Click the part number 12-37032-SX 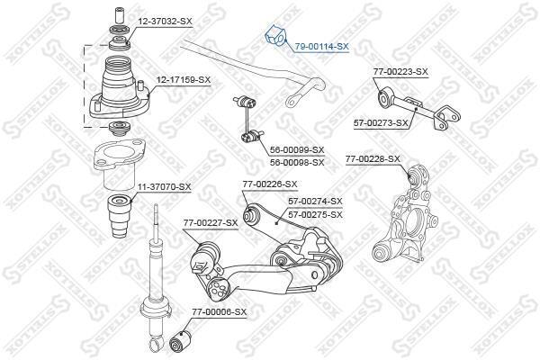click(x=165, y=22)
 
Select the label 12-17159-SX click(x=184, y=80)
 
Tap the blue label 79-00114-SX click(x=321, y=46)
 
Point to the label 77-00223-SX click(x=400, y=72)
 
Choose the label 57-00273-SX click(x=381, y=122)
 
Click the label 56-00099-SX click(x=297, y=150)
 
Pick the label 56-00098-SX click(x=297, y=162)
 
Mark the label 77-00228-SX click(x=373, y=158)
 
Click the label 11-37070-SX click(x=165, y=186)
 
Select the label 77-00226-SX click(x=270, y=184)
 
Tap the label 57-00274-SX click(x=316, y=201)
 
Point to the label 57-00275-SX click(x=316, y=214)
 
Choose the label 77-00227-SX click(x=211, y=223)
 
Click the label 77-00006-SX click(x=220, y=312)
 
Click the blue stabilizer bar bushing click(x=275, y=36)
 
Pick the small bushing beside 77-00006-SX click(x=180, y=338)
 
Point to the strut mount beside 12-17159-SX click(x=120, y=89)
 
